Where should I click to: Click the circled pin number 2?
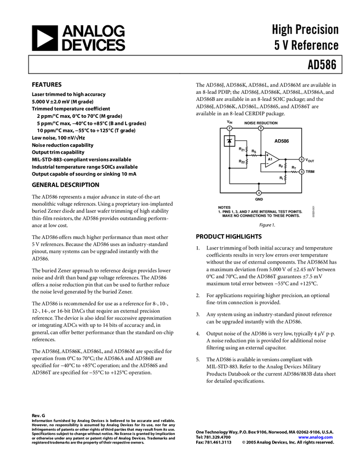230,128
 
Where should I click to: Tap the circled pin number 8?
261,128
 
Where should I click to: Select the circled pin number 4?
259,193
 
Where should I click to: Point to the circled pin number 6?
301,160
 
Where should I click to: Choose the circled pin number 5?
301,172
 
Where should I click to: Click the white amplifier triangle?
271,160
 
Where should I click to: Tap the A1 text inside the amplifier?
270,159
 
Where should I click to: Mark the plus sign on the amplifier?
267,155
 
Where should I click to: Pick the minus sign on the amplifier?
267,163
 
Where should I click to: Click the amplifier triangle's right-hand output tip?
278,160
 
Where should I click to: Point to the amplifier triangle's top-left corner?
266,152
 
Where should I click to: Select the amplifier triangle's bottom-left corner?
266,167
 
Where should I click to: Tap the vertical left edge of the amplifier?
266,160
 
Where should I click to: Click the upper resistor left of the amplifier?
247,150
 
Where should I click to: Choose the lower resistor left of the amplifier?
247,162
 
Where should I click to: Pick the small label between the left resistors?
254,156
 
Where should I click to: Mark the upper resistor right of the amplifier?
285,165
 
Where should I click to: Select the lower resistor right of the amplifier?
285,178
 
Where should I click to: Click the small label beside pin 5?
294,172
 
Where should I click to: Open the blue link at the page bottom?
315,437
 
